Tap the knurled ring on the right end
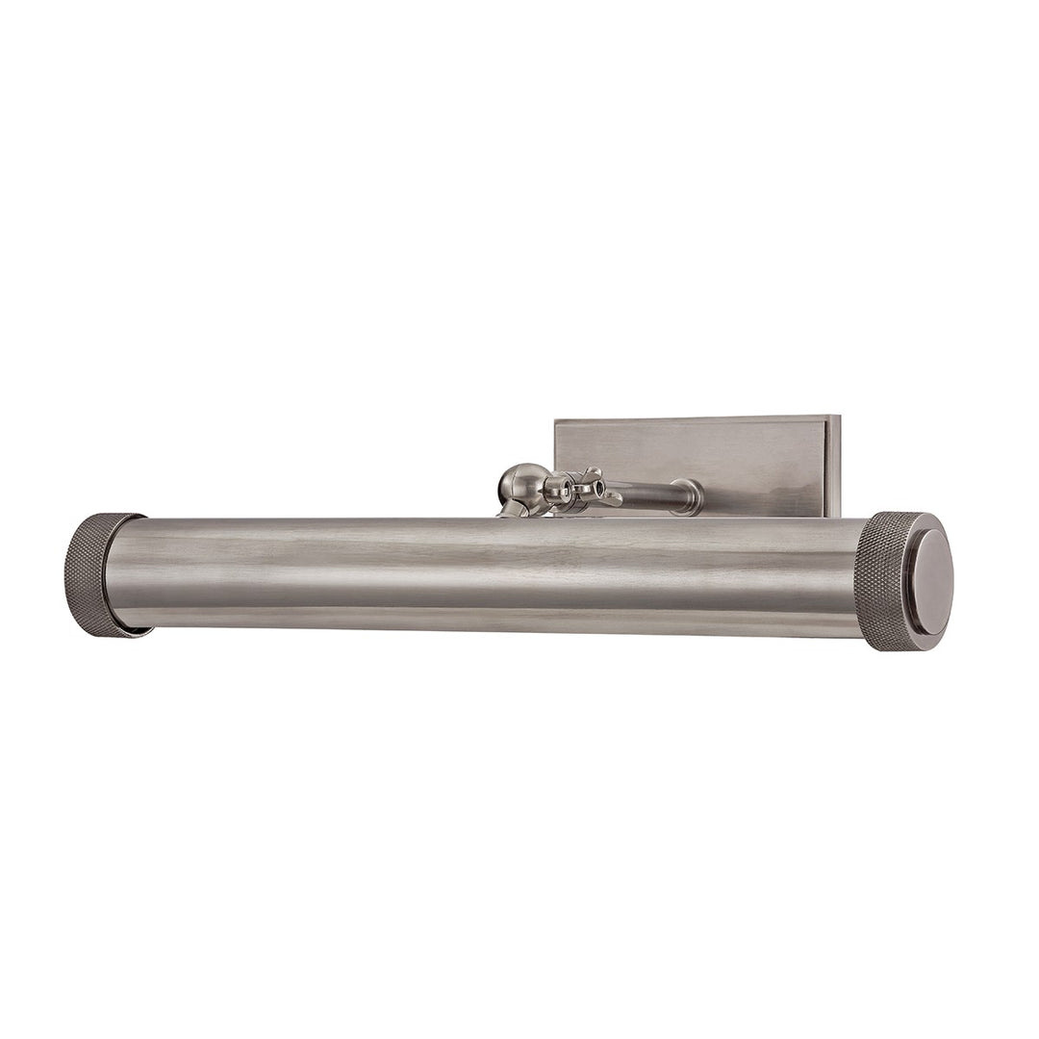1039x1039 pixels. tap(880, 581)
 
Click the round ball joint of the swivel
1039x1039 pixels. tap(520, 485)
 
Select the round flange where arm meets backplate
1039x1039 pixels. tap(687, 496)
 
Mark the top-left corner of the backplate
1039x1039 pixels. tap(556, 421)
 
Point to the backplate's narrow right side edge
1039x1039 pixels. tap(834, 466)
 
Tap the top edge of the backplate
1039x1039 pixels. tap(693, 418)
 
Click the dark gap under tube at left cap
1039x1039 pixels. tap(135, 630)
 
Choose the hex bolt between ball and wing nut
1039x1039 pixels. tap(557, 492)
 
